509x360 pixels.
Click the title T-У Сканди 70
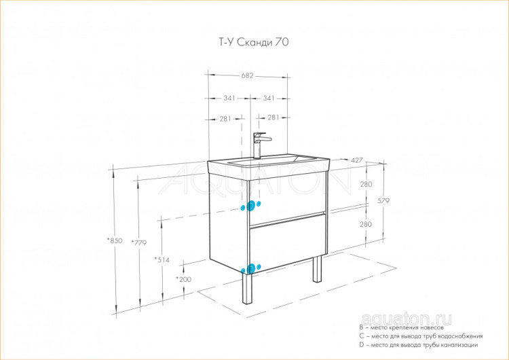[252, 42]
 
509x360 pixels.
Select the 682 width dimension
[247, 75]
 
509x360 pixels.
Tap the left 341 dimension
[229, 98]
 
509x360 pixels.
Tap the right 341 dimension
[269, 98]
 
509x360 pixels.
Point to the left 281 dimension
[225, 119]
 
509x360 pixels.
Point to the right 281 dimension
[274, 118]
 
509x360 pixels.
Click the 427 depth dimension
[357, 160]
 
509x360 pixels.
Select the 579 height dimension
[383, 201]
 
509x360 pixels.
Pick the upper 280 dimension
[366, 184]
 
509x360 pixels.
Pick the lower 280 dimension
[366, 224]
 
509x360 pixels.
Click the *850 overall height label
[115, 240]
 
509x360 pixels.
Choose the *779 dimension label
[139, 242]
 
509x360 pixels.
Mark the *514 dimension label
[162, 259]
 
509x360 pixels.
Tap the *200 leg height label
[184, 279]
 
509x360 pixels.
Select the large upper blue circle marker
[250, 206]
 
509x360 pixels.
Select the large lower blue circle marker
[250, 269]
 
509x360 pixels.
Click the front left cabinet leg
[247, 289]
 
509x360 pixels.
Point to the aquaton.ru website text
[406, 319]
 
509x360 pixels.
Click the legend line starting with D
[419, 345]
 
